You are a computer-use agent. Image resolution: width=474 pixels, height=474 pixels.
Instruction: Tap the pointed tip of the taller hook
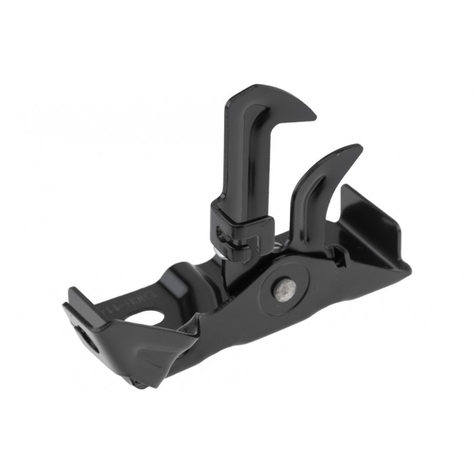click(x=315, y=107)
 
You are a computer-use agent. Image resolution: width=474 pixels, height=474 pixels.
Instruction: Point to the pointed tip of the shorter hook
click(x=361, y=148)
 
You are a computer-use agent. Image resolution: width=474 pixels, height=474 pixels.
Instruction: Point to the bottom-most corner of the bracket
click(x=138, y=387)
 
